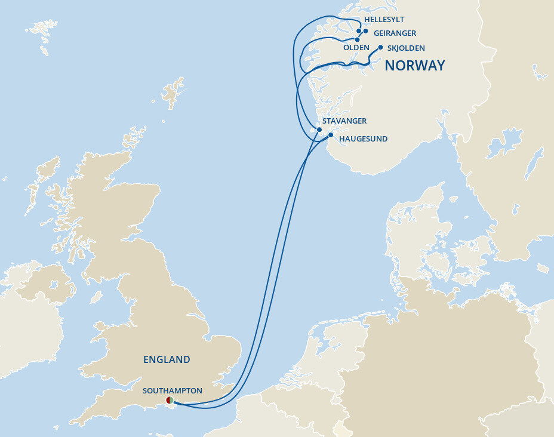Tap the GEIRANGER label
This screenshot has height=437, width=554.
[395, 33]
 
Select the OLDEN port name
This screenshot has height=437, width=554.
[356, 47]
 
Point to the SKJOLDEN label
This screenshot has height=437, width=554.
[406, 48]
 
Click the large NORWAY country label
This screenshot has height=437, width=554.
[414, 66]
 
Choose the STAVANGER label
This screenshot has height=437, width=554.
[344, 121]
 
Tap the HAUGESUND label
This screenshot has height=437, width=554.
[363, 139]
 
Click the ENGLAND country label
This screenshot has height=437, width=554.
[167, 359]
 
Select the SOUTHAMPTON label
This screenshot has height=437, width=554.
[172, 391]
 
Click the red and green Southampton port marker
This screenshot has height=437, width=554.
[170, 400]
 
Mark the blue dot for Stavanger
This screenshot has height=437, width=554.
[319, 129]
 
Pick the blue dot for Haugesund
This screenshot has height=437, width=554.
[330, 135]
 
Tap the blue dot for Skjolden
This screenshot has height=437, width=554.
[380, 48]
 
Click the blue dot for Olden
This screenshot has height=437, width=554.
[357, 39]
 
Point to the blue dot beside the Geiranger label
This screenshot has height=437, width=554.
[365, 31]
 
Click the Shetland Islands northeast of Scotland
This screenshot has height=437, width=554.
[173, 93]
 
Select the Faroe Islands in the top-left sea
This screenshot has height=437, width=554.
[42, 33]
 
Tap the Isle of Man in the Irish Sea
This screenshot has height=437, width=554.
[95, 297]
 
